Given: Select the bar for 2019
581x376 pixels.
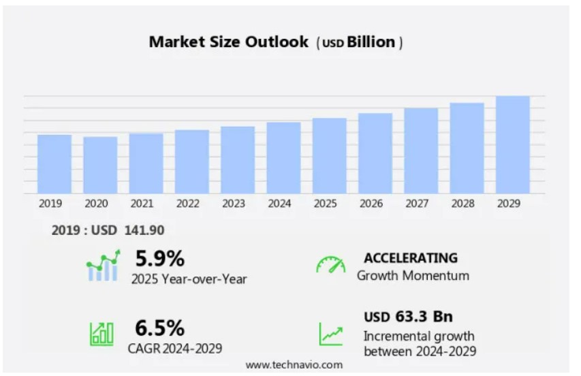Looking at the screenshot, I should (54, 163).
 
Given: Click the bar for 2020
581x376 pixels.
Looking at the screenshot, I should (100, 165).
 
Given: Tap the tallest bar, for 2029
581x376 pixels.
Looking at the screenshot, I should (513, 144).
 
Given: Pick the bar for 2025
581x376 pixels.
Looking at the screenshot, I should (330, 155).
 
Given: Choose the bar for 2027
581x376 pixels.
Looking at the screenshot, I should (421, 151).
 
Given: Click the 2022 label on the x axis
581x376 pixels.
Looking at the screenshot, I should (187, 204).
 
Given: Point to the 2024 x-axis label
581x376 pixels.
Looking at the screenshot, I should (279, 204).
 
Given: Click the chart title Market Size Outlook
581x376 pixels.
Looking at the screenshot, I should (229, 42).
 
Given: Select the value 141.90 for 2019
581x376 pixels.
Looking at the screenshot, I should (144, 231).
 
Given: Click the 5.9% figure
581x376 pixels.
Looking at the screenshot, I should (159, 259).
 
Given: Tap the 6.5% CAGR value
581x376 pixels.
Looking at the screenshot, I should (159, 328).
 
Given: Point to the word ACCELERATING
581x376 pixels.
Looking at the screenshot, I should (410, 258).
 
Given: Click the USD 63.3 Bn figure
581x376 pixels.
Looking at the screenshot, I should (408, 317).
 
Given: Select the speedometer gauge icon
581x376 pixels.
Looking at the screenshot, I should (330, 266).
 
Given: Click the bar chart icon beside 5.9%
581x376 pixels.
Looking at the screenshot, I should (103, 266).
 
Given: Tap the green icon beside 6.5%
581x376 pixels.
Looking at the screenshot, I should (101, 333).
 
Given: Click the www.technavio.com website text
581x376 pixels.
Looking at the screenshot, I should (294, 365).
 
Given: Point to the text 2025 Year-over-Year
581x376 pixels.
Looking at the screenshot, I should (189, 279).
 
